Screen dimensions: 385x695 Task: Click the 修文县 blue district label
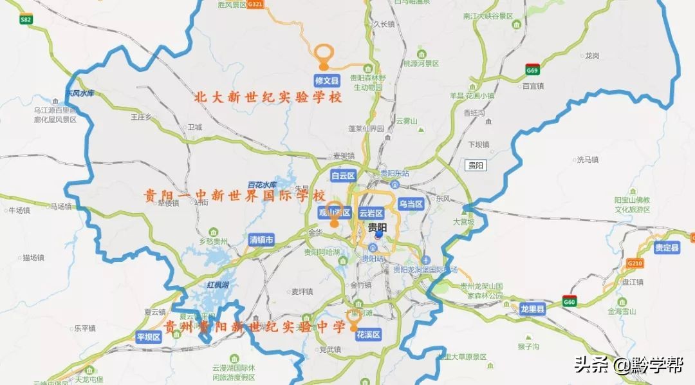pos(326,80)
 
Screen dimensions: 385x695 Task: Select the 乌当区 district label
pos(410,204)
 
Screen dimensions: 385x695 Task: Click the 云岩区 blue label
pos(371,212)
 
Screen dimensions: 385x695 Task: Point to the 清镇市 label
pos(261,239)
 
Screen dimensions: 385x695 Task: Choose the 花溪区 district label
pos(369,334)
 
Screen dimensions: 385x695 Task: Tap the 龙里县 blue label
pos(533,310)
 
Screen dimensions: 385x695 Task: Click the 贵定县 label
pos(667,248)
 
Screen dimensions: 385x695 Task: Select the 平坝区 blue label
pos(149,337)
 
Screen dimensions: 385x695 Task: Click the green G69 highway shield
pos(532,70)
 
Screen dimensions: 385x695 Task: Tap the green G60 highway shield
pos(569,301)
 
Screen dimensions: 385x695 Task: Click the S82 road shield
pos(26,20)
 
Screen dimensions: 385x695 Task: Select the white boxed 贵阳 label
pos(476,165)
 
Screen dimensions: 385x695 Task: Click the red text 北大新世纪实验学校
pos(268,98)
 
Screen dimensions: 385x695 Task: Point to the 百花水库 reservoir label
pos(263,185)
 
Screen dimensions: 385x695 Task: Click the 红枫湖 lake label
pos(218,285)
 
